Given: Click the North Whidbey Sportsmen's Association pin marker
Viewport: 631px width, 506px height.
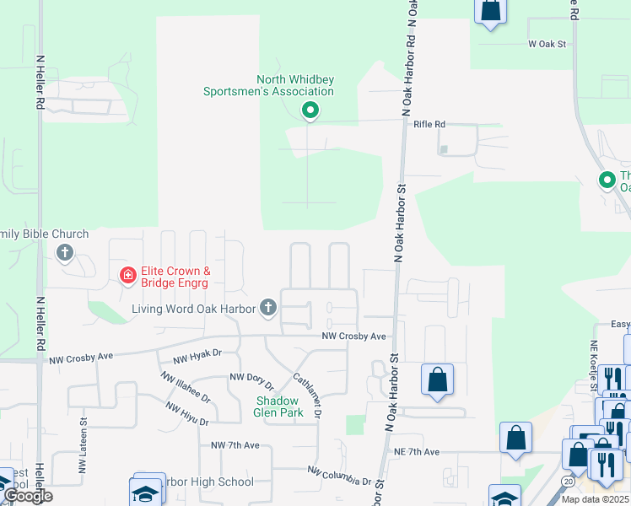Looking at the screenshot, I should click(310, 110).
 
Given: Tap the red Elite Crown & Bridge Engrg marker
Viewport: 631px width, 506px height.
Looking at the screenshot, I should click(127, 276).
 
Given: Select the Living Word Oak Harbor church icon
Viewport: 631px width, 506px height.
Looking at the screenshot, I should click(268, 308).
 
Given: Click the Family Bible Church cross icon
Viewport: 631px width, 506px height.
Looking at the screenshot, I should click(65, 252).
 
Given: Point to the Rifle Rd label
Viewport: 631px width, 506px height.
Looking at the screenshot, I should click(429, 124).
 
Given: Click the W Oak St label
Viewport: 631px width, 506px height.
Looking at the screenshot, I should click(545, 42).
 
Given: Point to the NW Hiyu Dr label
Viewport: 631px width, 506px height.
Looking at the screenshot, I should click(187, 412).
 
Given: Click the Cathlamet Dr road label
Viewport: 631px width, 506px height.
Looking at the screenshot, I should click(308, 395).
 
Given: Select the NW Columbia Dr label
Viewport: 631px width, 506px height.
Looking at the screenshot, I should click(339, 475).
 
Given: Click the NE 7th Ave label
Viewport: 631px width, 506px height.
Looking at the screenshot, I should click(417, 452).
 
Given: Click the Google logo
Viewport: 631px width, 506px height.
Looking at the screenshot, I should click(29, 496).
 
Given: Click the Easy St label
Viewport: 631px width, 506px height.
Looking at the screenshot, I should click(620, 325).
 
